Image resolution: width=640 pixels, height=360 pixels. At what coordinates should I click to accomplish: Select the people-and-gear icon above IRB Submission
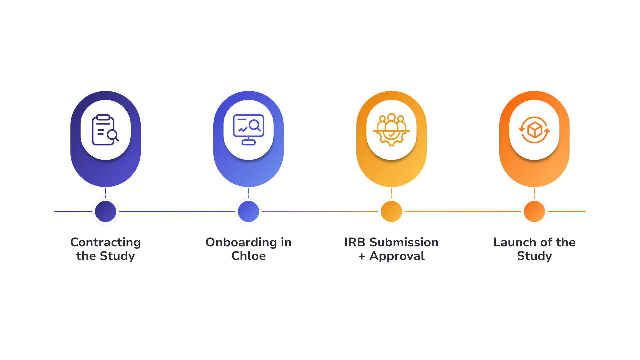(x=391, y=130)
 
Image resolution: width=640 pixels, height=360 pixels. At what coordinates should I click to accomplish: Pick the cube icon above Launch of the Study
(x=534, y=130)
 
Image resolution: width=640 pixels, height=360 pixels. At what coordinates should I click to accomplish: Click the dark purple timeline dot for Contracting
(x=105, y=211)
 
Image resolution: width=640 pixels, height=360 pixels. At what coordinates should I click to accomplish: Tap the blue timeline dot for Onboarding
(x=248, y=211)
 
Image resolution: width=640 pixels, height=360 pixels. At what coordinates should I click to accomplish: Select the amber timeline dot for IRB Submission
(x=391, y=211)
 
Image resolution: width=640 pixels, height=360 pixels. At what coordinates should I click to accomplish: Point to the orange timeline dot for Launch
(x=534, y=211)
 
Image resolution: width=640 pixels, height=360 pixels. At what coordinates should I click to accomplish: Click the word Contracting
(x=105, y=242)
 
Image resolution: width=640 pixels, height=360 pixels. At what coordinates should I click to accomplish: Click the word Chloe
(x=248, y=256)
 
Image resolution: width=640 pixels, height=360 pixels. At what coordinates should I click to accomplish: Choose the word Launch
(x=511, y=242)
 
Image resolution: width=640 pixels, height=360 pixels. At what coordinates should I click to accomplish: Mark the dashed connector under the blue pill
(x=248, y=193)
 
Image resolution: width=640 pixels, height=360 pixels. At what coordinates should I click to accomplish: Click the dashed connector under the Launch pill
(x=534, y=193)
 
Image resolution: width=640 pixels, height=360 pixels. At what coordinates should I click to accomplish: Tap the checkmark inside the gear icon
(x=392, y=135)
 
